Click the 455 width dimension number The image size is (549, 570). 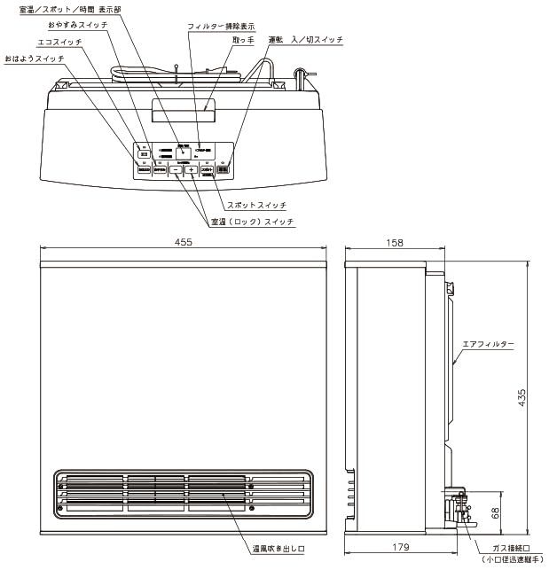pyautogui.click(x=184, y=242)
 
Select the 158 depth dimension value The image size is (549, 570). pyautogui.click(x=396, y=242)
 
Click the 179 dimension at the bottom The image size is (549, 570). pyautogui.click(x=404, y=547)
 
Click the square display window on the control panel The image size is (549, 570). pyautogui.click(x=184, y=152)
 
